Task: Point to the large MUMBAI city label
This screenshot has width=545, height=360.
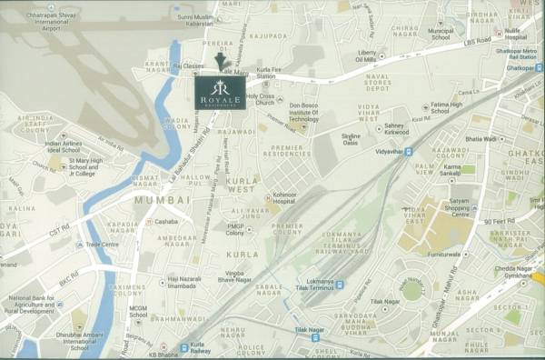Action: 162,198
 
